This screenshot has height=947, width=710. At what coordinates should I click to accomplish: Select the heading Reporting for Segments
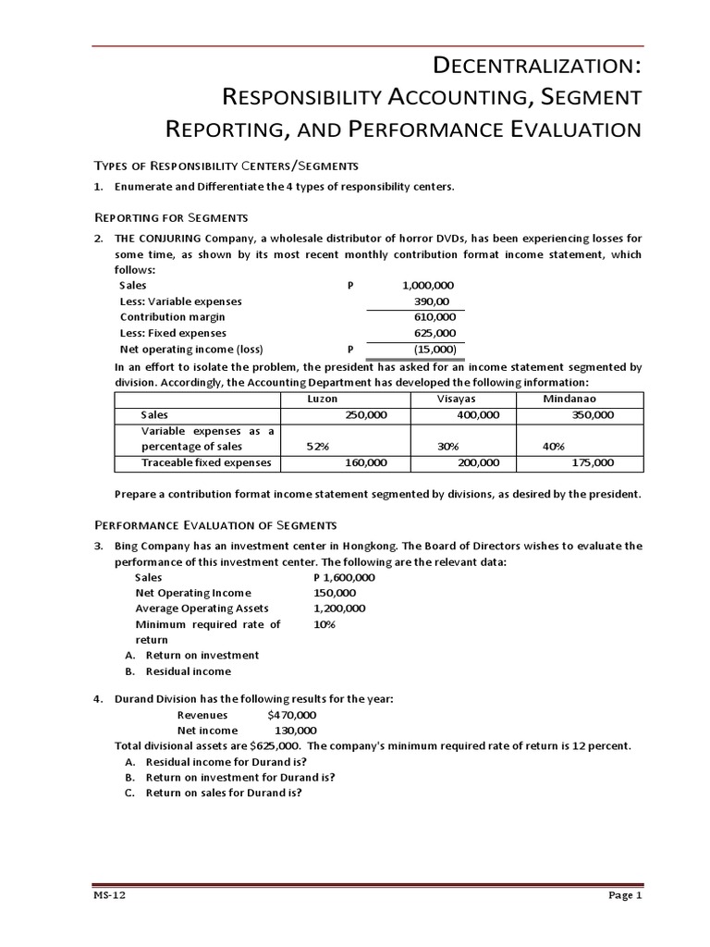click(172, 217)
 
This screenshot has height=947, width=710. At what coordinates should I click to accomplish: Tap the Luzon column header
click(322, 398)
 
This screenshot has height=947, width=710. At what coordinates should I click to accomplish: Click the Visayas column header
click(456, 398)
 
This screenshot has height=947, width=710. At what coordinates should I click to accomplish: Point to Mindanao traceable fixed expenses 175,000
click(593, 462)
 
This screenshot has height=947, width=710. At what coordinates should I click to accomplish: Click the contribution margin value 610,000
click(435, 316)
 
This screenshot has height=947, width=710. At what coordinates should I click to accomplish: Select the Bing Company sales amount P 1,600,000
click(344, 576)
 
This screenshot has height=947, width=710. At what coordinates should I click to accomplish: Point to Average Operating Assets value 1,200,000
click(339, 608)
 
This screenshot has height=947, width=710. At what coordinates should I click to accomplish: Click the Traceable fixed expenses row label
click(206, 462)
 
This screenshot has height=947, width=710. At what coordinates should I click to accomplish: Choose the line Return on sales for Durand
click(224, 793)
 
